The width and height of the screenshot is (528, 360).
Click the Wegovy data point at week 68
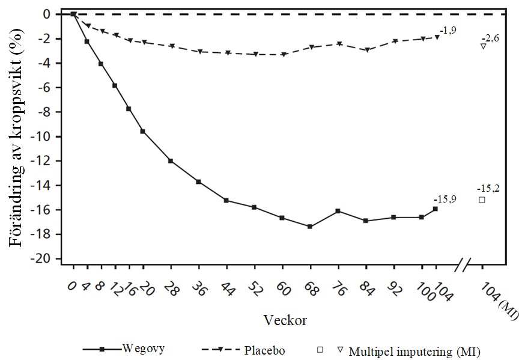coord(310,227)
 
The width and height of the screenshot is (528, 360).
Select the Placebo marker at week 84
coord(366,50)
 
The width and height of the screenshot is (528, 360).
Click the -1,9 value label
coord(448,29)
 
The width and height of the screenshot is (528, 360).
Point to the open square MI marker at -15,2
coord(482,200)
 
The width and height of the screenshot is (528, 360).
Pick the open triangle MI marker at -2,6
coord(483,46)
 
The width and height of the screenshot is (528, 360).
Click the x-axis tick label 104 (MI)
coord(499,301)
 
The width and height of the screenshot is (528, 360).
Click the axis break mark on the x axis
coord(464,264)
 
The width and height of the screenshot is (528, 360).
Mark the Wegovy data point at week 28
coord(171,161)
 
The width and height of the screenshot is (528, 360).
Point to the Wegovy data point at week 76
coord(338,211)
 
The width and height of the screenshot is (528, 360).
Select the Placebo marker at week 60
coord(282,55)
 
